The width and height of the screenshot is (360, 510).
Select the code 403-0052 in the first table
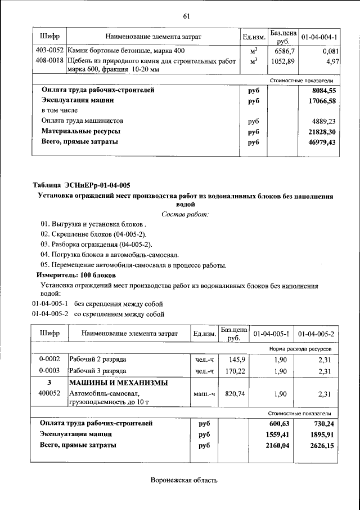(x=49, y=51)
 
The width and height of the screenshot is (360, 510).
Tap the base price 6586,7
(x=284, y=51)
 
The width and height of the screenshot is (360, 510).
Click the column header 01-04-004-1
(x=319, y=37)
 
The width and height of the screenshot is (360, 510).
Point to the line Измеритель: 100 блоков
(x=76, y=275)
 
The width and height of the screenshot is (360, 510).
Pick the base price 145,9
(x=236, y=359)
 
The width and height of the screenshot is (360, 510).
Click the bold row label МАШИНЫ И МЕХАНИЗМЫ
(x=118, y=383)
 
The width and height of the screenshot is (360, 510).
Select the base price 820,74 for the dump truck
(x=235, y=394)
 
